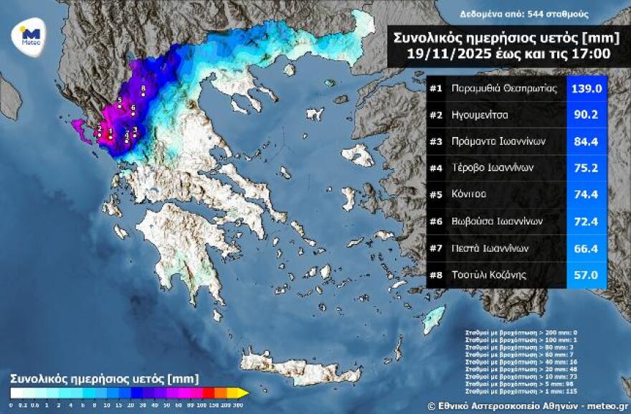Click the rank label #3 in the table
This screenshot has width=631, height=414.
pyautogui.click(x=436, y=141)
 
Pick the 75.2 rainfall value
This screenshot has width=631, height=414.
pyautogui.click(x=585, y=168)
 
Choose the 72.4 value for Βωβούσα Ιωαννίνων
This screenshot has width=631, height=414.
pyautogui.click(x=585, y=221)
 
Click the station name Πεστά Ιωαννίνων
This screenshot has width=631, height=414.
pyautogui.click(x=490, y=248)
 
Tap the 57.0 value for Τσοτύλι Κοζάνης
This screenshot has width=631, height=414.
pyautogui.click(x=585, y=274)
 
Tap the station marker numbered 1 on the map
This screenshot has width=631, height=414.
pyautogui.click(x=110, y=134)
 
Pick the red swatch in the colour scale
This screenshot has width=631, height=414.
pyautogui.click(x=208, y=392)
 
